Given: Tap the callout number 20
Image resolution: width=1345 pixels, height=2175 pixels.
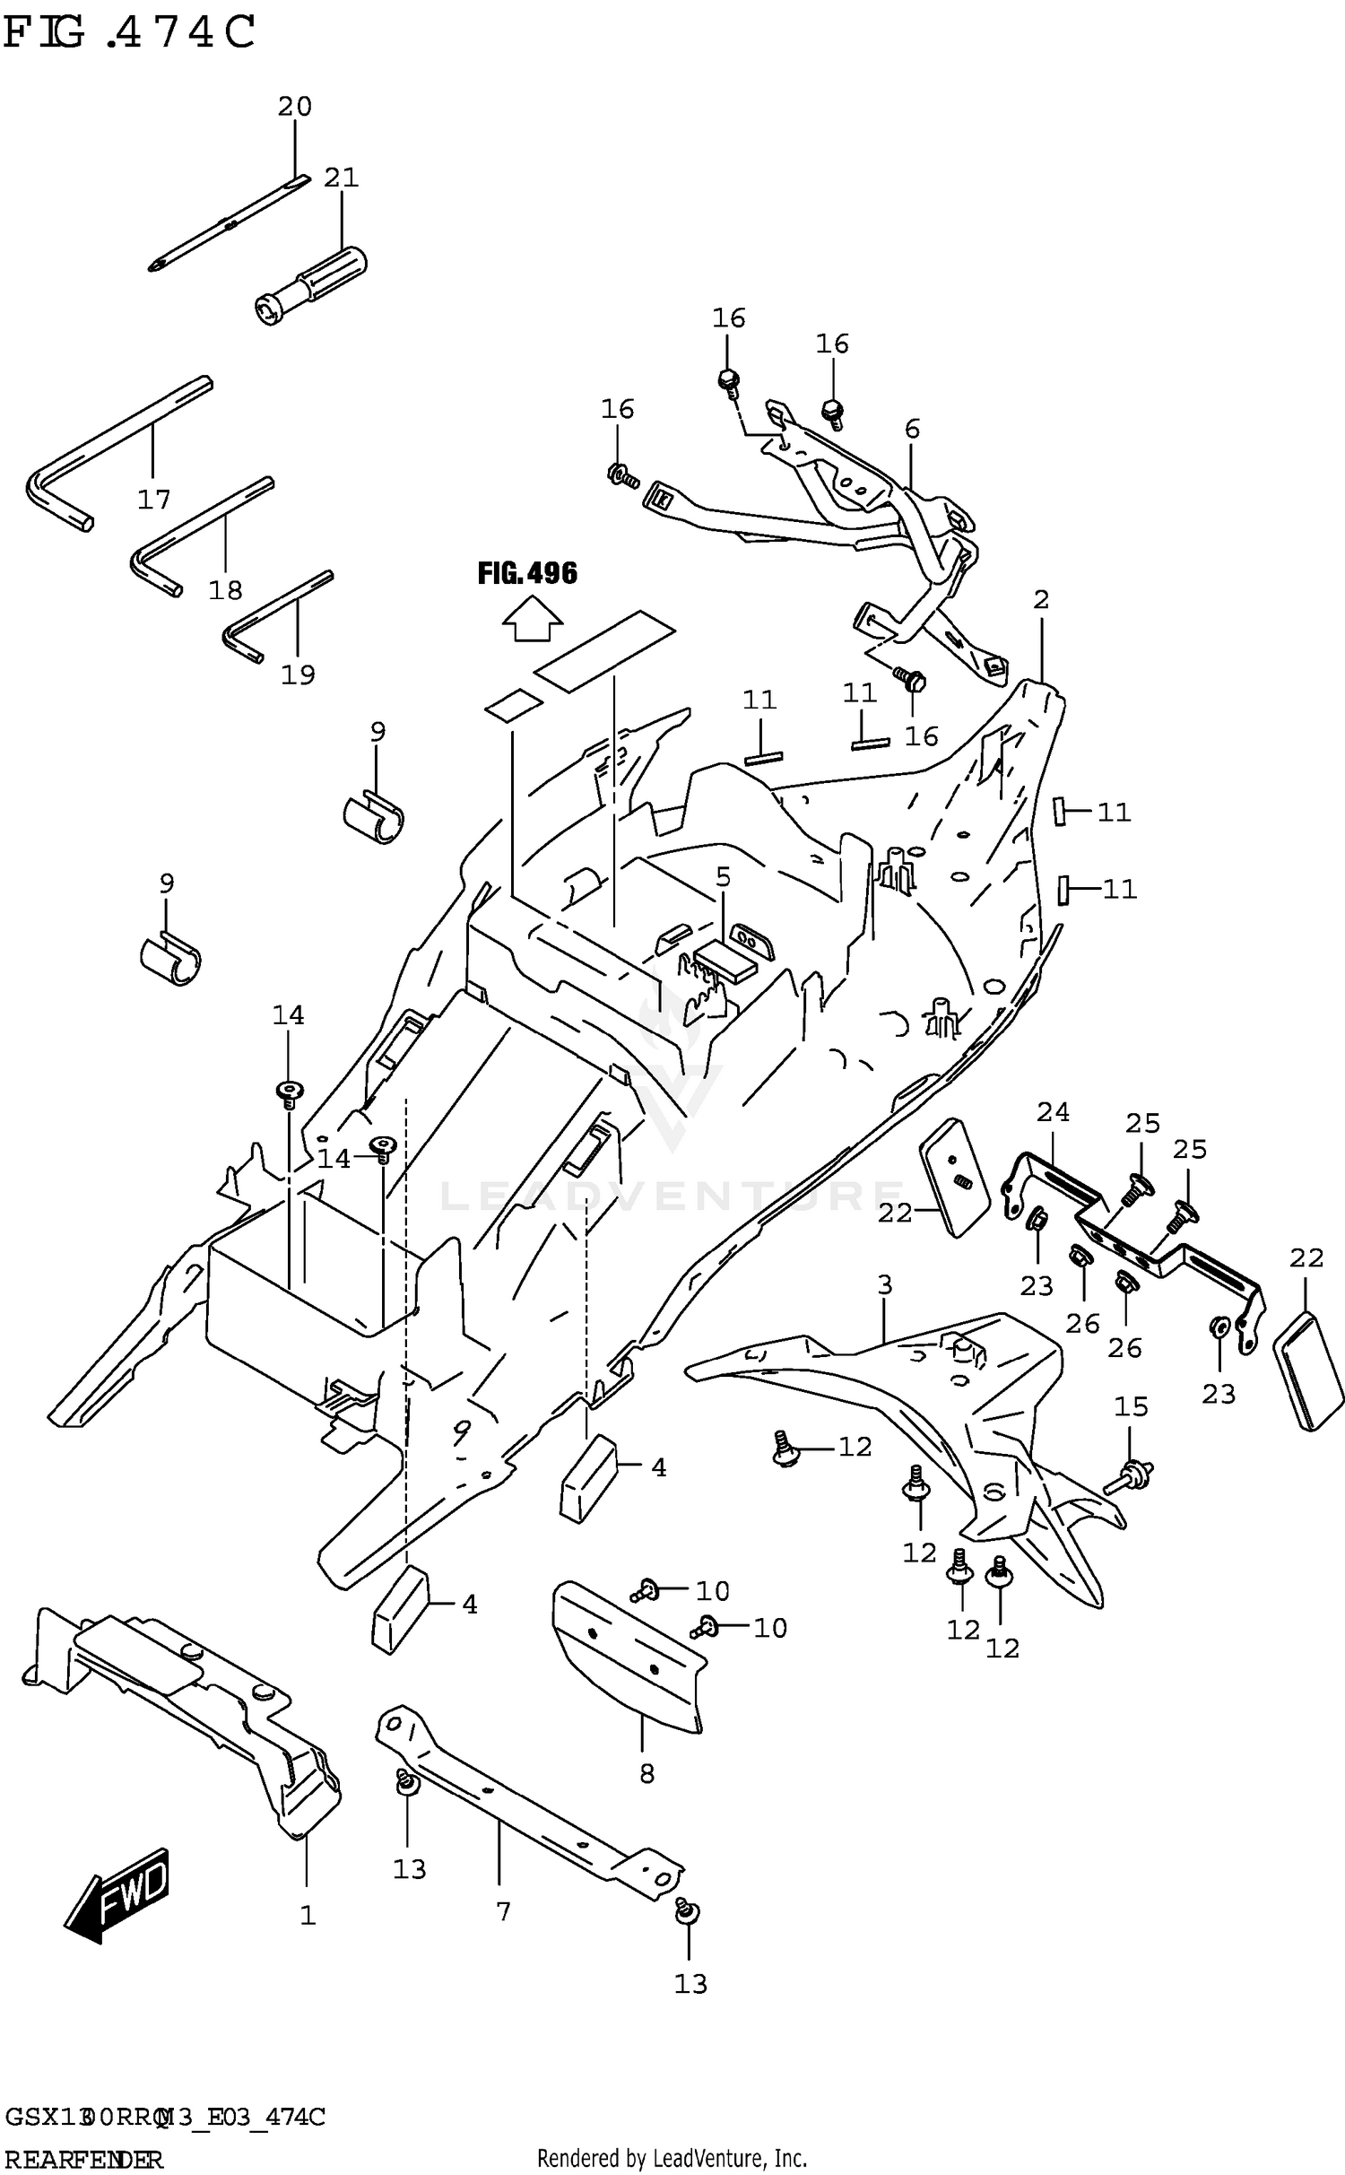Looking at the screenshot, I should click(x=294, y=107).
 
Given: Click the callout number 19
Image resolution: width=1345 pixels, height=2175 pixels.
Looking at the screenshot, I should click(x=298, y=674).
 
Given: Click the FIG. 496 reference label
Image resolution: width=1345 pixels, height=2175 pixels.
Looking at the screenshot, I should click(x=527, y=573).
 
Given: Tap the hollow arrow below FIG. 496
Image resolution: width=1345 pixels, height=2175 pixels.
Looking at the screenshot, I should click(x=532, y=622).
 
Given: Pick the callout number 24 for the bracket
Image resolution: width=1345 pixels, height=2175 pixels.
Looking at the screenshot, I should click(x=1053, y=1112).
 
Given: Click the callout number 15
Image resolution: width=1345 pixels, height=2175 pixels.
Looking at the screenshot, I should click(x=1131, y=1406).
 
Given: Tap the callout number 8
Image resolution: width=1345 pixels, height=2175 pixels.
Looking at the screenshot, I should click(x=646, y=1773).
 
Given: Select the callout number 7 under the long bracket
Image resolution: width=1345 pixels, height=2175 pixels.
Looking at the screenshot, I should click(x=503, y=1912).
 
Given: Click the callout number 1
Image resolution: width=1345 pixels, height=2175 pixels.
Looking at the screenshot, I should click(x=308, y=1916).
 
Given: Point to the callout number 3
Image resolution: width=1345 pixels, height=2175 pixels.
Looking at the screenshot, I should click(x=884, y=1284).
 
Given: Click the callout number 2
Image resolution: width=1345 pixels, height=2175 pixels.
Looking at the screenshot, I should click(x=1040, y=599).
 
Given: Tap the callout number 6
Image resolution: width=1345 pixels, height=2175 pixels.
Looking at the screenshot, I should click(x=912, y=429).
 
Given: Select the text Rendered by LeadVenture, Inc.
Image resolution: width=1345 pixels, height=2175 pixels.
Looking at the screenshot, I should click(x=672, y=2158).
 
